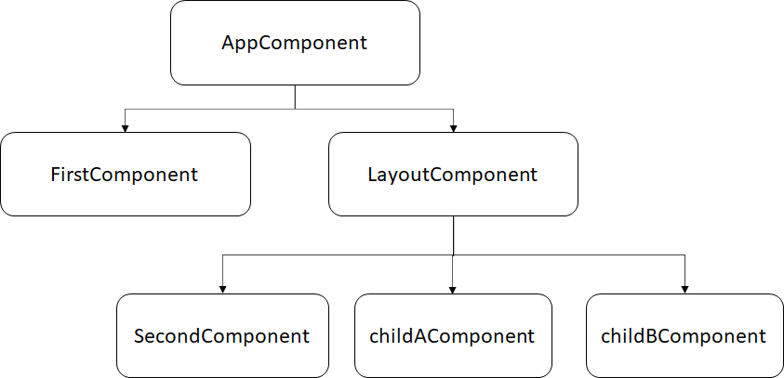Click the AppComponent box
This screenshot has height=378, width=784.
click(295, 43)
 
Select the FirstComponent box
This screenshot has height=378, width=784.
click(126, 174)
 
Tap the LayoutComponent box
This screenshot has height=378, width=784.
click(452, 174)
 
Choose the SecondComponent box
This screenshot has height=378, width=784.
click(222, 335)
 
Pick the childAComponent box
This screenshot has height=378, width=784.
click(452, 335)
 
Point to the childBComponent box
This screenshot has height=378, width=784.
click(684, 335)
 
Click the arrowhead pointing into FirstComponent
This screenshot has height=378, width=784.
click(126, 126)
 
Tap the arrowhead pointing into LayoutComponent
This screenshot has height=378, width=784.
click(452, 126)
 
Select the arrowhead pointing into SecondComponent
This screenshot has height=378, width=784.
click(222, 288)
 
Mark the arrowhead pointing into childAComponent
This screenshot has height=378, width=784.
click(452, 288)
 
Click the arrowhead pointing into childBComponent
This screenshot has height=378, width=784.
click(684, 288)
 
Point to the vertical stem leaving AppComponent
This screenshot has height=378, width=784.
click(295, 97)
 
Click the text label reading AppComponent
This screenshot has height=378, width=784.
click(295, 43)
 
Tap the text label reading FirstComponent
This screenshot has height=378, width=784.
click(125, 174)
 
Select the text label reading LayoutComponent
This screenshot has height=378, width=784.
click(452, 174)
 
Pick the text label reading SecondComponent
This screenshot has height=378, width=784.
click(221, 336)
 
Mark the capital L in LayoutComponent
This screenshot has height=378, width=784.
click(372, 174)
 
